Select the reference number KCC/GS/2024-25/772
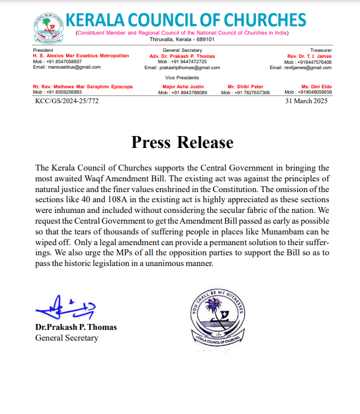click(66, 101)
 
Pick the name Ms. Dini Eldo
click(316, 86)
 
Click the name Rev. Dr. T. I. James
click(309, 55)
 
